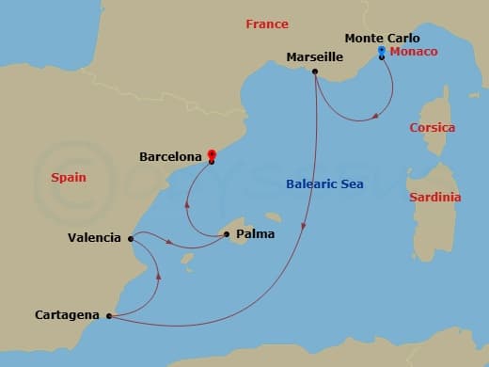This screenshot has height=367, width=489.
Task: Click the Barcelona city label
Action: (x=170, y=156)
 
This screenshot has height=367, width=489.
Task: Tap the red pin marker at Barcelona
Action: (x=212, y=154)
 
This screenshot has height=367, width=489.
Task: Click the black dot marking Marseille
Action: (x=315, y=72)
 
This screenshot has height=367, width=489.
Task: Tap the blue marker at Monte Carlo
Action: (x=381, y=50)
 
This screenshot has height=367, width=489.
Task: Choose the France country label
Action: (x=267, y=24)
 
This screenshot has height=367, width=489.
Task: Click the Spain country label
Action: (x=69, y=176)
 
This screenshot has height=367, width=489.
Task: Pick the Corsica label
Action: (x=433, y=127)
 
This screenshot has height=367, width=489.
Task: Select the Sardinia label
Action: (x=435, y=198)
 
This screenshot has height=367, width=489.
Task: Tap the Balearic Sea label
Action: (x=323, y=184)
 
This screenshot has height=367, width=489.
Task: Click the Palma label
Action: (x=256, y=232)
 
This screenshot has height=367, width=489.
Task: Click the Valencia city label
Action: (x=94, y=238)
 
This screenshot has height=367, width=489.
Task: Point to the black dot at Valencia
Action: (x=130, y=238)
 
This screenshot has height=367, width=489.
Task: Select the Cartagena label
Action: (x=66, y=315)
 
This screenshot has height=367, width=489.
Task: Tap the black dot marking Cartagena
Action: (x=110, y=316)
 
